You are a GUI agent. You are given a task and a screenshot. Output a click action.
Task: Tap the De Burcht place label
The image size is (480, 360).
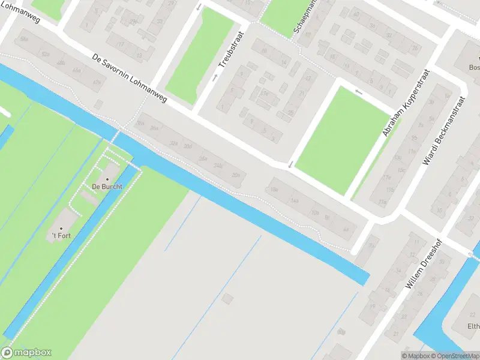pyautogui.click(x=107, y=187)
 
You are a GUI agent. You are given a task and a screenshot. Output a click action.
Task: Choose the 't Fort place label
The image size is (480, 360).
pyautogui.click(x=61, y=236)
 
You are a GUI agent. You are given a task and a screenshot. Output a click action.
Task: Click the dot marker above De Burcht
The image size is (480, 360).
pyautogui.click(x=107, y=179)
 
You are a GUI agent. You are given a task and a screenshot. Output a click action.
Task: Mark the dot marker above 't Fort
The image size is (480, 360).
pyautogui.click(x=61, y=229)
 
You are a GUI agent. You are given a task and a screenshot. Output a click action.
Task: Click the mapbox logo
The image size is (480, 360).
pyautogui.click(x=26, y=353)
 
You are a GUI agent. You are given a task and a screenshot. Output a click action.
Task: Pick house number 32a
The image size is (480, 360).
pyautogui.click(x=174, y=143)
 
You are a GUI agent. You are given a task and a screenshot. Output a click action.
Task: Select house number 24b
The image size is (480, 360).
pyautogui.click(x=218, y=166)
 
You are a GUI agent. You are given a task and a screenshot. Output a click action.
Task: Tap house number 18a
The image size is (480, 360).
pyautogui.click(x=274, y=190)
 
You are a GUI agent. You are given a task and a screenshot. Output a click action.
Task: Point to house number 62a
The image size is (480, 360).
pyautogui.click(x=44, y=54)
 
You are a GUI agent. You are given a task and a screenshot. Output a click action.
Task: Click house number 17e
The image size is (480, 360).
pyautogui.click(x=265, y=94)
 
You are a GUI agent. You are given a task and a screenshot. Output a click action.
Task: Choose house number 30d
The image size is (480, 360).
pyautogui.click(x=188, y=147)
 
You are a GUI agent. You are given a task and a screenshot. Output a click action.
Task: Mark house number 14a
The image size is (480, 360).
pyautogui.click(x=294, y=201)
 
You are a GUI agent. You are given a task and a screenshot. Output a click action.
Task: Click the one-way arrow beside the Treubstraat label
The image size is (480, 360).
pyautogui.click(x=215, y=77)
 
